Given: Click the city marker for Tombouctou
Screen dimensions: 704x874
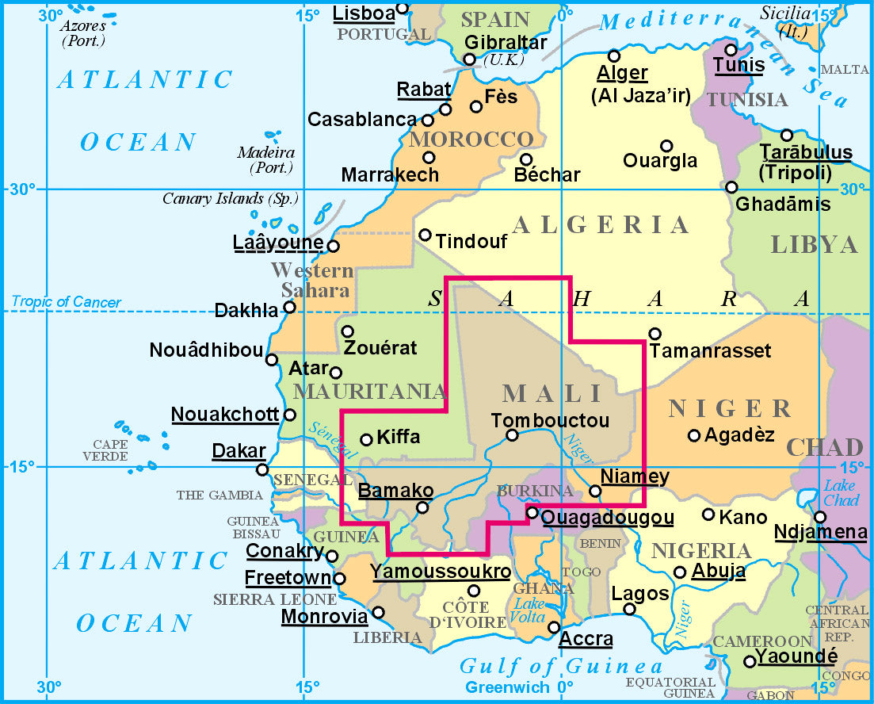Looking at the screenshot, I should coord(512,434).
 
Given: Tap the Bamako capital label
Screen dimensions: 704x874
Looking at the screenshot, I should coord(395,491).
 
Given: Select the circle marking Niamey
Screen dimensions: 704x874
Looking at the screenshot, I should coord(595,491).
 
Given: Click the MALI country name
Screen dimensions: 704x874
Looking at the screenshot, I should coord(552,393).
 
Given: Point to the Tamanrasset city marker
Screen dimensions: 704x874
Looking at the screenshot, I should coord(655,334).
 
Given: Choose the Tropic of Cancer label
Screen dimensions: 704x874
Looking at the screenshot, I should coord(67,302).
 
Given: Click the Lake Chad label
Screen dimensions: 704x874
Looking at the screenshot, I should coord(841,492).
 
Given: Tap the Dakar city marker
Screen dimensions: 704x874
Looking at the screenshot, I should coord(262,470).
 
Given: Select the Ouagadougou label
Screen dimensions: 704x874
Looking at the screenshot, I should coord(608,518).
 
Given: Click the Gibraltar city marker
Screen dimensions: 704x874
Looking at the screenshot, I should coord(469,59).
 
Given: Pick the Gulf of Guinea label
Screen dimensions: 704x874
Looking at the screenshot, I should coord(561,666).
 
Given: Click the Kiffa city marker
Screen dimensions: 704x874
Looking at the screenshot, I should coord(366,440).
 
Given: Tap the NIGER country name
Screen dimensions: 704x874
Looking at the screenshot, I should coord(729,409).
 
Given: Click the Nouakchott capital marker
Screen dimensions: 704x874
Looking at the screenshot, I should coord(290,415).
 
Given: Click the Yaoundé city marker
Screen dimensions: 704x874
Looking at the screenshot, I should coord(749,661).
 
